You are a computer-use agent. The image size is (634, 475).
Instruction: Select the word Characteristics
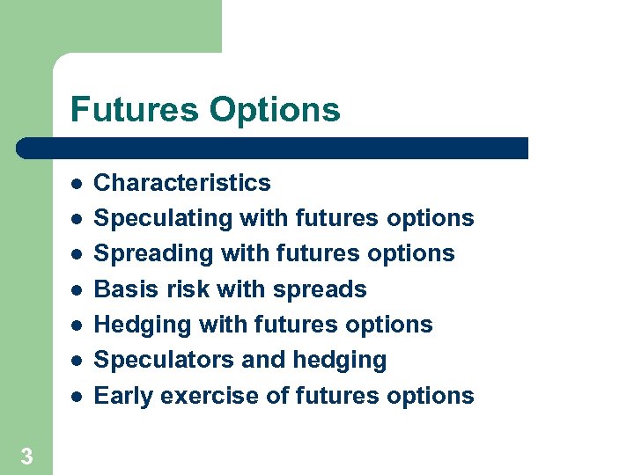pos(182,183)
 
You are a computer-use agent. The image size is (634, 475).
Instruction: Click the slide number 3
pos(26,456)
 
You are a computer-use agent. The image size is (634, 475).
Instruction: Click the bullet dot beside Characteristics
pos(77,184)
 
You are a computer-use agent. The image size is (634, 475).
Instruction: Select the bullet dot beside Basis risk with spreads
pos(77,290)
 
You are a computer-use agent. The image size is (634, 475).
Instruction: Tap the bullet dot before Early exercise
pos(77,397)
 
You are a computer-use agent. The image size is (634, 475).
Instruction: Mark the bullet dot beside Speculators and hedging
pos(77,361)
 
